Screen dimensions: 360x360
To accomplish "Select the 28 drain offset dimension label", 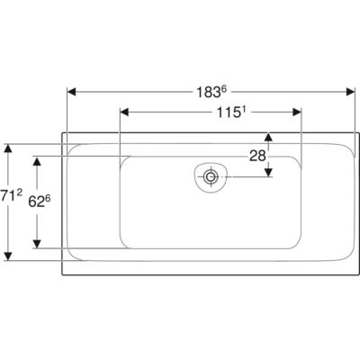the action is (257, 156).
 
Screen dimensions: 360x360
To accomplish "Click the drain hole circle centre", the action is (211, 176).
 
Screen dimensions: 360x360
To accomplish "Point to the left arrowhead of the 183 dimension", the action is (71, 92).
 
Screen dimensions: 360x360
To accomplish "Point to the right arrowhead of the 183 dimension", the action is (350, 92).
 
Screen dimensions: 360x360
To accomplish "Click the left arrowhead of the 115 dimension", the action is (124, 112).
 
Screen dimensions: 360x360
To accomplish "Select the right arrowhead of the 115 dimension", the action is (297, 112).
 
